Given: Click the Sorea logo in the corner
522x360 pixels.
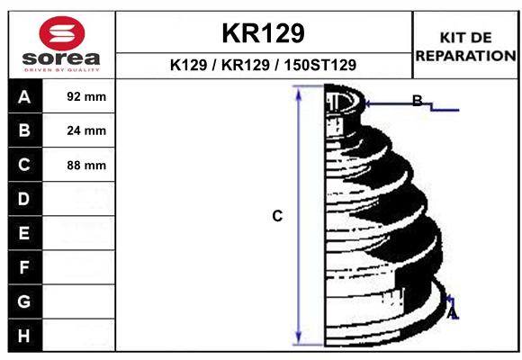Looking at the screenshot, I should click(x=61, y=42).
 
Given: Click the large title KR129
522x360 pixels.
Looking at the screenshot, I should click(x=263, y=33).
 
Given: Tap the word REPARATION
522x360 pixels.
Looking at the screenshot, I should click(x=465, y=55).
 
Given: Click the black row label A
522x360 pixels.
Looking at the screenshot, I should click(x=24, y=96).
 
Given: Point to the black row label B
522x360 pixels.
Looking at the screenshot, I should click(x=24, y=130).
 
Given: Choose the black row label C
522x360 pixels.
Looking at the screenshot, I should click(x=24, y=165).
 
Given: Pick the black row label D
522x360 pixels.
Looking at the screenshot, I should click(x=24, y=199).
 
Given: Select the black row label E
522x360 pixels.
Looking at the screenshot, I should click(x=24, y=233).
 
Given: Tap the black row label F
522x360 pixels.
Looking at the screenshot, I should click(x=24, y=267).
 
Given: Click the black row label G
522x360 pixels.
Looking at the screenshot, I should click(x=24, y=301).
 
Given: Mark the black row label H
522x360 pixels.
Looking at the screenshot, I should click(x=24, y=336).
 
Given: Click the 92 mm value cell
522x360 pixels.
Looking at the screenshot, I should click(x=86, y=96).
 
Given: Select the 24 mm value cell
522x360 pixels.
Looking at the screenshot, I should click(x=86, y=130).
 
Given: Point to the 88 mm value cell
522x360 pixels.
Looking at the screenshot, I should click(x=86, y=165).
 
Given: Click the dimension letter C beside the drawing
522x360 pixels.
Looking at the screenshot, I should click(x=277, y=216).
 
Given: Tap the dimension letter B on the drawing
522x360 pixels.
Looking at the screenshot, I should click(x=417, y=101).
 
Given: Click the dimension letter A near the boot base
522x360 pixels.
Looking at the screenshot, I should click(x=453, y=313).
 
